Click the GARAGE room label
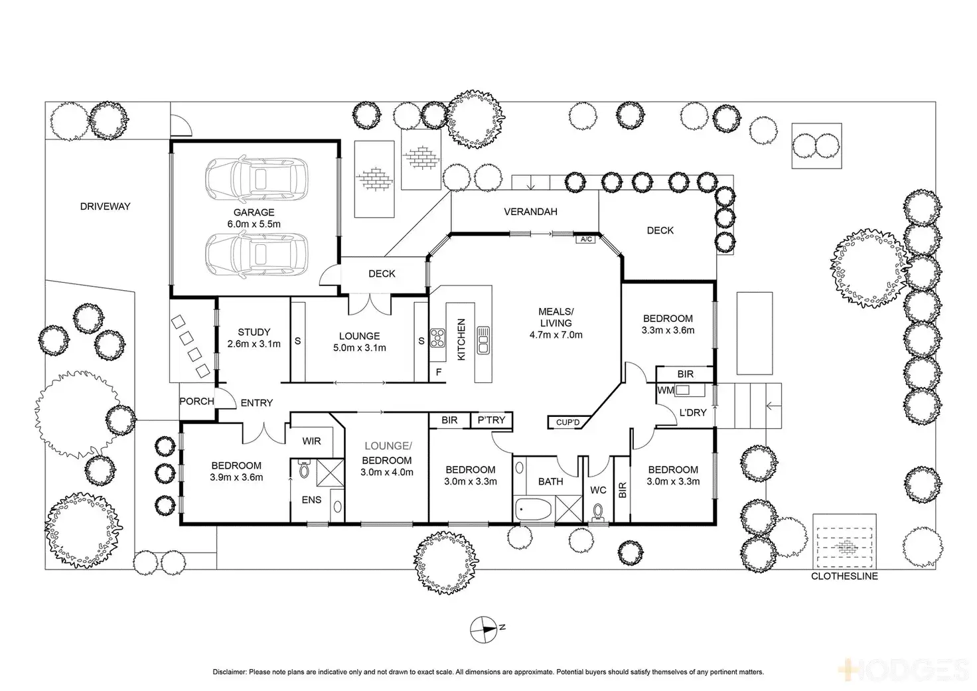(254, 212)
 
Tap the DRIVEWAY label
(105, 206)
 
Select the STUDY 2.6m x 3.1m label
(254, 338)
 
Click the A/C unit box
(586, 239)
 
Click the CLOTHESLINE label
(844, 576)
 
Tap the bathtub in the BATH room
(534, 510)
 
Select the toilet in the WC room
(598, 513)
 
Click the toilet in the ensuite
(305, 470)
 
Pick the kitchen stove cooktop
(437, 339)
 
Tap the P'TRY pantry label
(491, 420)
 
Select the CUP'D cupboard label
(567, 422)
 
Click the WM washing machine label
(664, 390)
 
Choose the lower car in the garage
(256, 254)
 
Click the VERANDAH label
(530, 212)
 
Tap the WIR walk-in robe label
(311, 441)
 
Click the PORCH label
(196, 401)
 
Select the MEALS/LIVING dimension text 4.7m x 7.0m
(556, 335)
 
